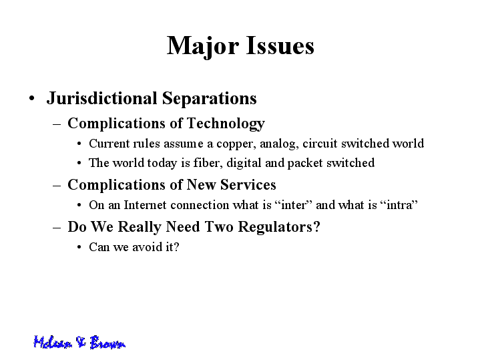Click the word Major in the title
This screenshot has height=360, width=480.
(203, 46)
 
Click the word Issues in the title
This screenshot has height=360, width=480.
(280, 45)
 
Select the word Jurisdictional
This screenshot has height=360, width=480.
(101, 98)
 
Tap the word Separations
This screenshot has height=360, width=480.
(210, 99)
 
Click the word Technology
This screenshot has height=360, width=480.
(226, 124)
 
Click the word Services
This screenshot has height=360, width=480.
(248, 185)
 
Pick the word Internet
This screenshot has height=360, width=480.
(145, 205)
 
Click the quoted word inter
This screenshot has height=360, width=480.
(294, 205)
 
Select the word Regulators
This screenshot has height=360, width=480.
(279, 227)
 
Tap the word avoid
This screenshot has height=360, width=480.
(147, 247)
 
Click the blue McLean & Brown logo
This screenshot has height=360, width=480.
(79, 342)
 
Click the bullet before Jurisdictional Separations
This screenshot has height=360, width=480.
(32, 99)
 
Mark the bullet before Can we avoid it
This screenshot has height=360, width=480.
(79, 247)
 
